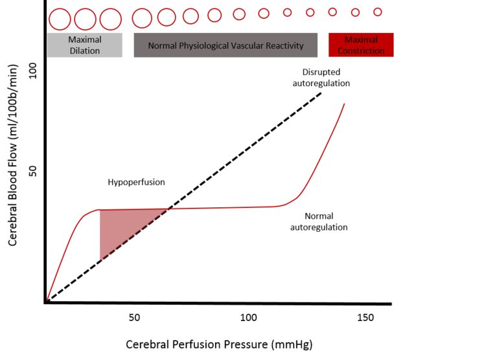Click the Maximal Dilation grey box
pyautogui.click(x=84, y=45)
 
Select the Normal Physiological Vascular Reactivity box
pyautogui.click(x=226, y=45)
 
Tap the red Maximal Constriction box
pyautogui.click(x=361, y=45)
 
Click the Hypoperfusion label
pyautogui.click(x=136, y=182)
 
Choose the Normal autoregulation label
pyautogui.click(x=318, y=221)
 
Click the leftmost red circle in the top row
pyautogui.click(x=60, y=19)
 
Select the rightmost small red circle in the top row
pyautogui.click(x=378, y=12)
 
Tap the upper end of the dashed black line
pyautogui.click(x=321, y=95)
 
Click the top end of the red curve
pyautogui.click(x=343, y=104)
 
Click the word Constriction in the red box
pyautogui.click(x=361, y=51)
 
